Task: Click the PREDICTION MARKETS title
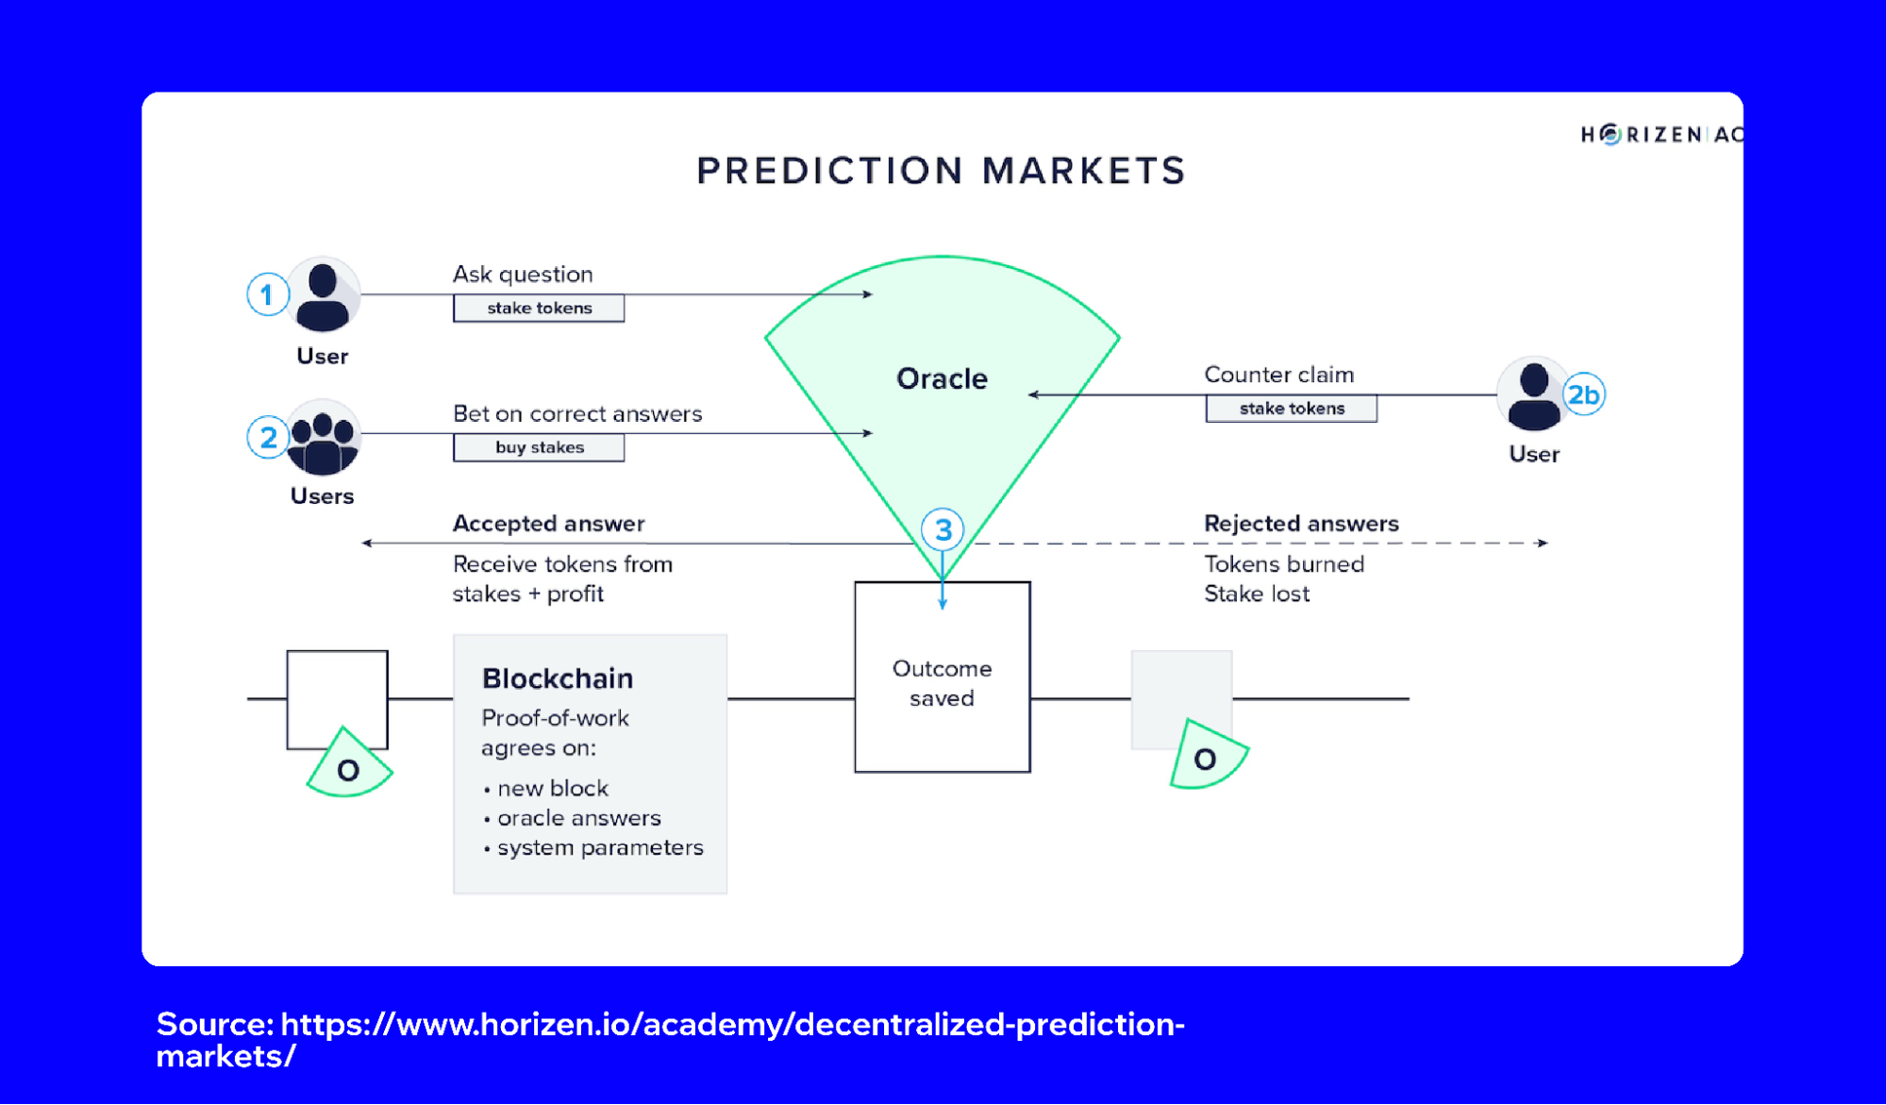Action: [x=941, y=171]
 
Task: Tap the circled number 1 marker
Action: [x=267, y=295]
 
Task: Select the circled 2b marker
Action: [x=1583, y=394]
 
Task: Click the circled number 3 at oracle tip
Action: [x=943, y=530]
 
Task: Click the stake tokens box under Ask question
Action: [x=539, y=309]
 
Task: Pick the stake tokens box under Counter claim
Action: [x=1291, y=409]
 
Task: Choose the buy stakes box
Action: [x=539, y=447]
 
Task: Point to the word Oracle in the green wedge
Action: [x=942, y=378]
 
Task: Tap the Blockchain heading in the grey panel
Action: [x=557, y=678]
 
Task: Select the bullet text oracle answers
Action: [x=578, y=818]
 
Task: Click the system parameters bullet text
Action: [x=600, y=847]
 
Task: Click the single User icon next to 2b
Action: [x=1533, y=394]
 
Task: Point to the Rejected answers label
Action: [x=1301, y=524]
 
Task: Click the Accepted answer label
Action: [x=548, y=524]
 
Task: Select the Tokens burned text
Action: [x=1284, y=564]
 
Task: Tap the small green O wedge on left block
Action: [x=349, y=766]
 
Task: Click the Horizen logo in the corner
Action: [x=1660, y=135]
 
